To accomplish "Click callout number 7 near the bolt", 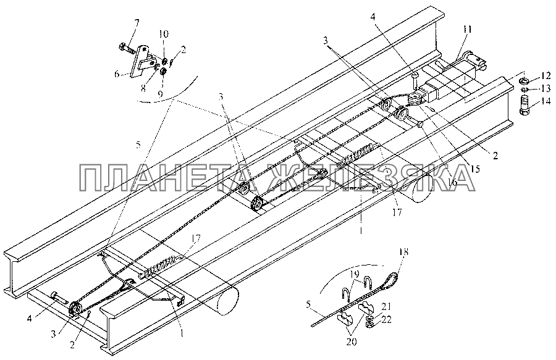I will point(137,23).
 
